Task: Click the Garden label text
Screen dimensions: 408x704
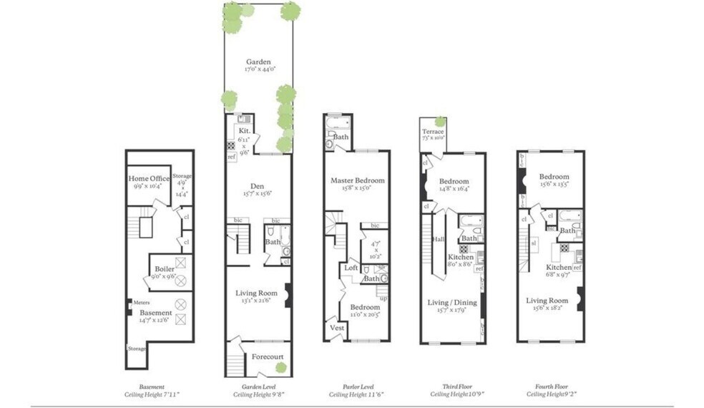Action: [x=258, y=62]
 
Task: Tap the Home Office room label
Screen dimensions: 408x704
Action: [x=149, y=178]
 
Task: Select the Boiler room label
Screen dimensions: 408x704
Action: [x=164, y=269]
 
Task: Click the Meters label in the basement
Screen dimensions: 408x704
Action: [x=141, y=302]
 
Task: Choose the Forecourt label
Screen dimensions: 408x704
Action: [x=267, y=356]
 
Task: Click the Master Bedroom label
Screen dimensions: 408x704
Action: [x=357, y=180]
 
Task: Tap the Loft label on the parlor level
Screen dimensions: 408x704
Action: [x=351, y=267]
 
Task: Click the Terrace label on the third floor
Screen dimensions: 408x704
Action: [x=432, y=132]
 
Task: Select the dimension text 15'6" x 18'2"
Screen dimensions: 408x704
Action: [x=547, y=309]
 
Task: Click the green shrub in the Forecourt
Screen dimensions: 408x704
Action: [x=281, y=367]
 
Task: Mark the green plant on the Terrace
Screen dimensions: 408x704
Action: [x=440, y=121]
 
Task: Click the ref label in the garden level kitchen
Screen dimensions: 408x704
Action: [x=231, y=157]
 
